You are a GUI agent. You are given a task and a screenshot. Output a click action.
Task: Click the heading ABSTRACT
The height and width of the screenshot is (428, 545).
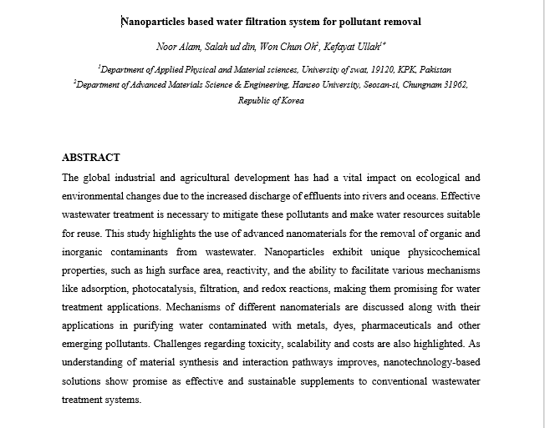91,158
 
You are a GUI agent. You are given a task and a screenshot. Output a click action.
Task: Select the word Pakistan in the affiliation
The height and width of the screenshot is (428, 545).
433,70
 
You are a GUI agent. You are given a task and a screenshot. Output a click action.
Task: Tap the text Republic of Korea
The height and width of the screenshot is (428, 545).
271,101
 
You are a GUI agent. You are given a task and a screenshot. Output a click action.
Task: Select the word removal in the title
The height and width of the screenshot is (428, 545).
400,21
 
